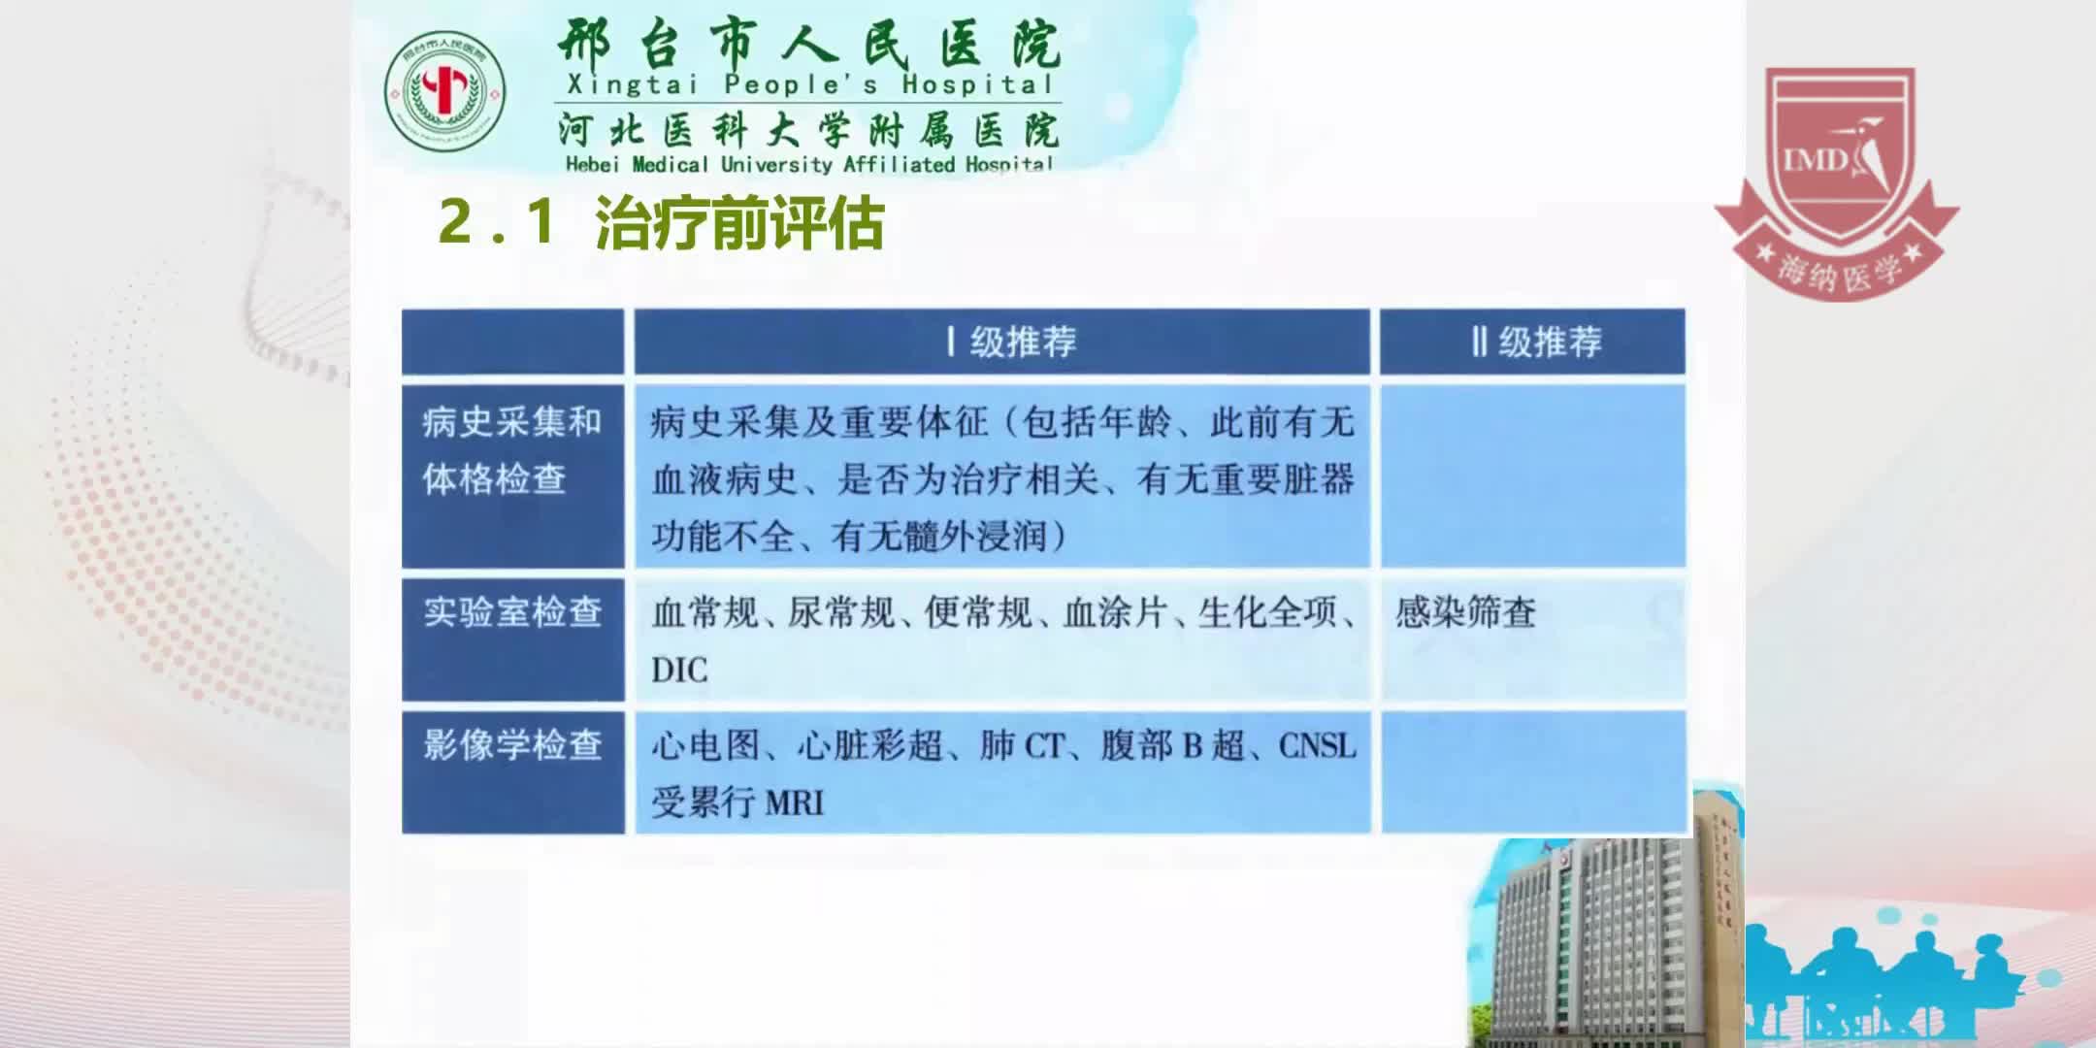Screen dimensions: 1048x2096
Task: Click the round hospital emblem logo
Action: click(444, 92)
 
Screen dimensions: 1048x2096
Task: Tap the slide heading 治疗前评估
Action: click(739, 223)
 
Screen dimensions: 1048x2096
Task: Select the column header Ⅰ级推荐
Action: click(1012, 342)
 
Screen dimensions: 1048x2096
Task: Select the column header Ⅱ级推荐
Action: click(1536, 342)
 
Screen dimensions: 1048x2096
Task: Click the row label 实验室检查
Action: click(512, 612)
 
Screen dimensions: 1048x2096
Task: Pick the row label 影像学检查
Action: click(512, 745)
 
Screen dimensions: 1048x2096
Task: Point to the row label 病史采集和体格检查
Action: click(511, 450)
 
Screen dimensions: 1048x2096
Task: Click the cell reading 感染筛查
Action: click(1465, 612)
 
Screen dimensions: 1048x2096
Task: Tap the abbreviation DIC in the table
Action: click(679, 670)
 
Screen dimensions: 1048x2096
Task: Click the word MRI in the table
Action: click(794, 802)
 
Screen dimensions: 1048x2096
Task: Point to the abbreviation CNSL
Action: click(1317, 745)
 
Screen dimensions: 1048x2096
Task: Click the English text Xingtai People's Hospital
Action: click(809, 85)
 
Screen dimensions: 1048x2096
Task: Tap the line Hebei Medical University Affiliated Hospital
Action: click(809, 164)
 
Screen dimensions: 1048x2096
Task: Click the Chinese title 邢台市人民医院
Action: click(809, 44)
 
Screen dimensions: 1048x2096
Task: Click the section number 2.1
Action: click(497, 222)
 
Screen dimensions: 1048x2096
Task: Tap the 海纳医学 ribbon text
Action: click(1839, 272)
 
